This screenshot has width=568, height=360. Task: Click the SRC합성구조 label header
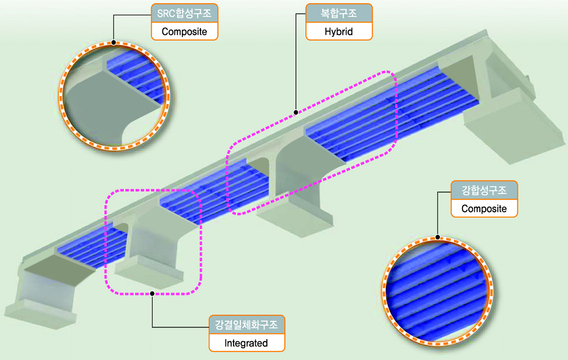click(184, 14)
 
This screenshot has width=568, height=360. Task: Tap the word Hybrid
click(339, 31)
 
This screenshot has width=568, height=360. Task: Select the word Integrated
click(246, 343)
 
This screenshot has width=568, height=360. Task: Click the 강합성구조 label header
click(484, 190)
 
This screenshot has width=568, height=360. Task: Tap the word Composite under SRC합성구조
click(184, 32)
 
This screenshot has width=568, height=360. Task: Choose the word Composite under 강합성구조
click(484, 208)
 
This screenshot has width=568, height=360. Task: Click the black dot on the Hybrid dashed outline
click(296, 112)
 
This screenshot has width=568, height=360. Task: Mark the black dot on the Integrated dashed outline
click(152, 293)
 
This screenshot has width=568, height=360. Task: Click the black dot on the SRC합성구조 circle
click(113, 42)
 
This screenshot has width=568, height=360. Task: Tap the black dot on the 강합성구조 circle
click(438, 236)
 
